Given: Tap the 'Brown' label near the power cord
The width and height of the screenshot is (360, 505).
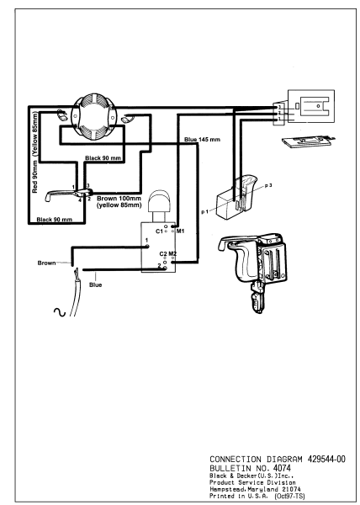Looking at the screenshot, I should pyautogui.click(x=48, y=263).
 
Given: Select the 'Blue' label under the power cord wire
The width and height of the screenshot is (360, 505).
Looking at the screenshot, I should pyautogui.click(x=96, y=285).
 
